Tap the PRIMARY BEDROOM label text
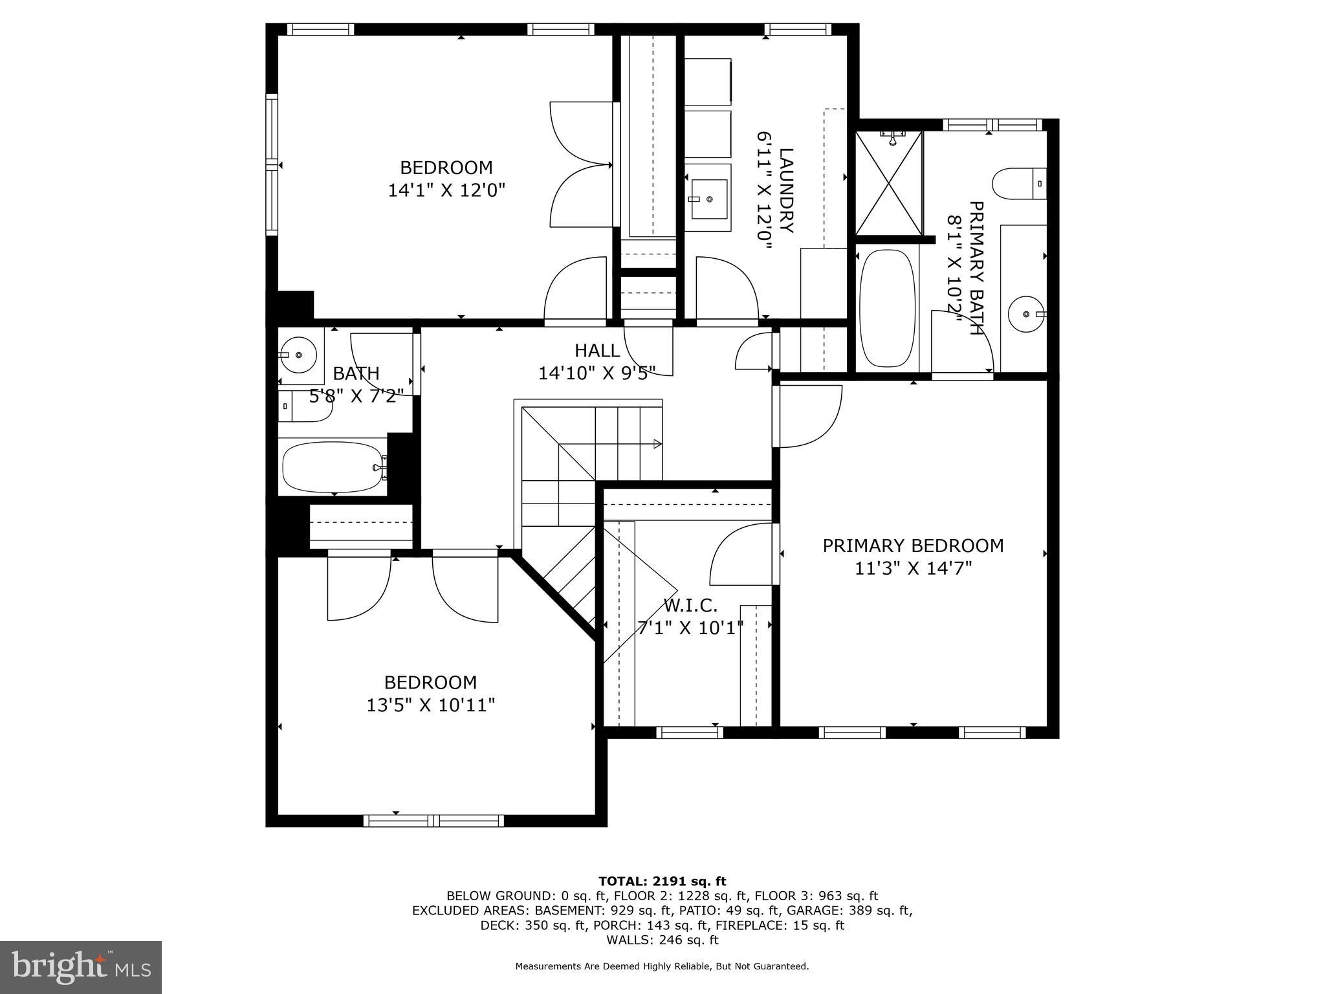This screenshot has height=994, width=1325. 913,546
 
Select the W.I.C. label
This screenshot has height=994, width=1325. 690,606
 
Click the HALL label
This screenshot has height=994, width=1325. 597,351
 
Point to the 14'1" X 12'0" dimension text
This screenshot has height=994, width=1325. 446,190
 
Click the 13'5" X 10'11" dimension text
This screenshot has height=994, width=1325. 431,705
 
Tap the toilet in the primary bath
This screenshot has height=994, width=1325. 1019,184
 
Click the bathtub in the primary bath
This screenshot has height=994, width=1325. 887,308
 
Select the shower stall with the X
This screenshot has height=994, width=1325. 889,182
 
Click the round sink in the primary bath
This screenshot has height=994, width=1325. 1025,314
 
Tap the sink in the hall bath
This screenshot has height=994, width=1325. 298,355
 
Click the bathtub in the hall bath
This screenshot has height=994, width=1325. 332,467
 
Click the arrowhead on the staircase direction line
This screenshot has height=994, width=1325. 657,443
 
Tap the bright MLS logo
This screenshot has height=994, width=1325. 81,967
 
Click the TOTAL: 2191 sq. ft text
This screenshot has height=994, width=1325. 662,881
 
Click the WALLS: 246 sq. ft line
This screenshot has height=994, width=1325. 662,940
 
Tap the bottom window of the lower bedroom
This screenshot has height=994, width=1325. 433,821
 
